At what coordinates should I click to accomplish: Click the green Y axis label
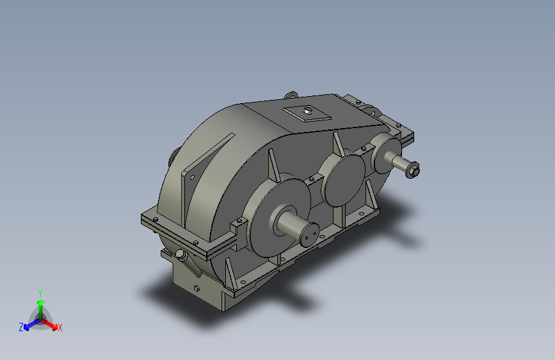(40, 291)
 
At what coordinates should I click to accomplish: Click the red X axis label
(60, 328)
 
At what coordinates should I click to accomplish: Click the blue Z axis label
(21, 327)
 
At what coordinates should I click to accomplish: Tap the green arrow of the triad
(40, 302)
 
